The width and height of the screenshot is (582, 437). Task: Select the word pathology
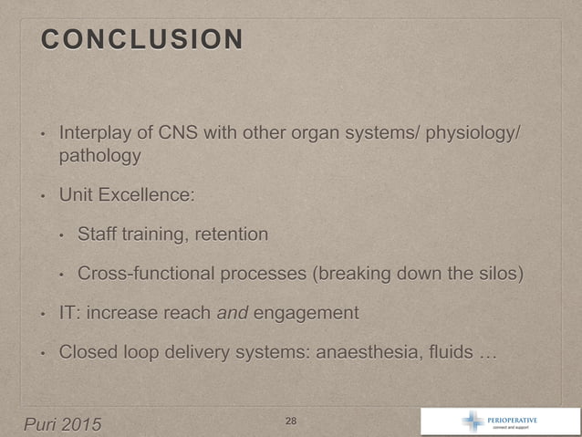99,157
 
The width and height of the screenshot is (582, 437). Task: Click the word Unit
75,195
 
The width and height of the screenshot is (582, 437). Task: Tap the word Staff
96,234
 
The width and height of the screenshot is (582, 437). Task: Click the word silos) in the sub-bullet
498,274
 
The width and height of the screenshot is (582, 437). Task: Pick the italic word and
233,313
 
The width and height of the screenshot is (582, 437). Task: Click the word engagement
306,313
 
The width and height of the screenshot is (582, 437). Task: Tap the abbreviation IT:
69,313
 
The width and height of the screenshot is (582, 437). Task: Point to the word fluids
443,352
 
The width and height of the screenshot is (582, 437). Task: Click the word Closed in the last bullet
87,352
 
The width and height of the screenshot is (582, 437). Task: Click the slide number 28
291,421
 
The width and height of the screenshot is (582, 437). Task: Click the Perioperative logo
498,421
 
